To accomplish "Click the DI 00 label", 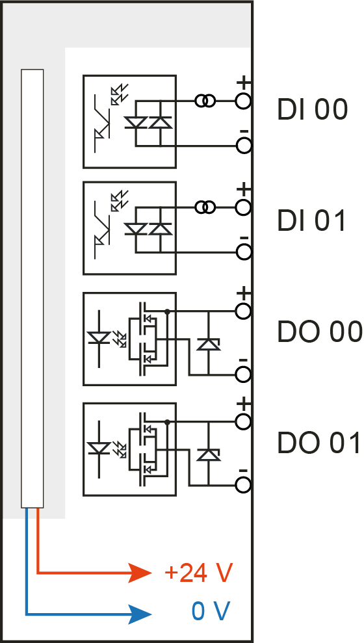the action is coord(313,110).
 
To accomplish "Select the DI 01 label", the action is coord(312,221).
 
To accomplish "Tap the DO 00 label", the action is coord(320,332).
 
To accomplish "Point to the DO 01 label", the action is coord(319,443).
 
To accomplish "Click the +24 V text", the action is coord(198,572).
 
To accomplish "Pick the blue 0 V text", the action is coord(211,611).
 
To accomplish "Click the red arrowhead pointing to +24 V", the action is coord(140,573).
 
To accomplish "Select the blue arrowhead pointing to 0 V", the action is coord(140,614).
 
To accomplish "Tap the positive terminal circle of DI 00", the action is coord(243,101).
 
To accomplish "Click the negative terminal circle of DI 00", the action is coord(244,146).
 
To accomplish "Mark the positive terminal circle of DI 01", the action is coord(243,207).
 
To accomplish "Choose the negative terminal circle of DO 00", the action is coord(244,374).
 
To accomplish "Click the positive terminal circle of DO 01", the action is coord(244,422).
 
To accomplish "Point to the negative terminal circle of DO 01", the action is coord(244,485).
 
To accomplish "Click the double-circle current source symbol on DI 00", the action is coord(205,101).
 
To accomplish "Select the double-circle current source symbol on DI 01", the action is coord(205,207).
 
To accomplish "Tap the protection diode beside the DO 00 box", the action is coord(208,344).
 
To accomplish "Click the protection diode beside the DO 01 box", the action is coord(208,454).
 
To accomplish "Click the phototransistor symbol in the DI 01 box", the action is coord(103,230).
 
